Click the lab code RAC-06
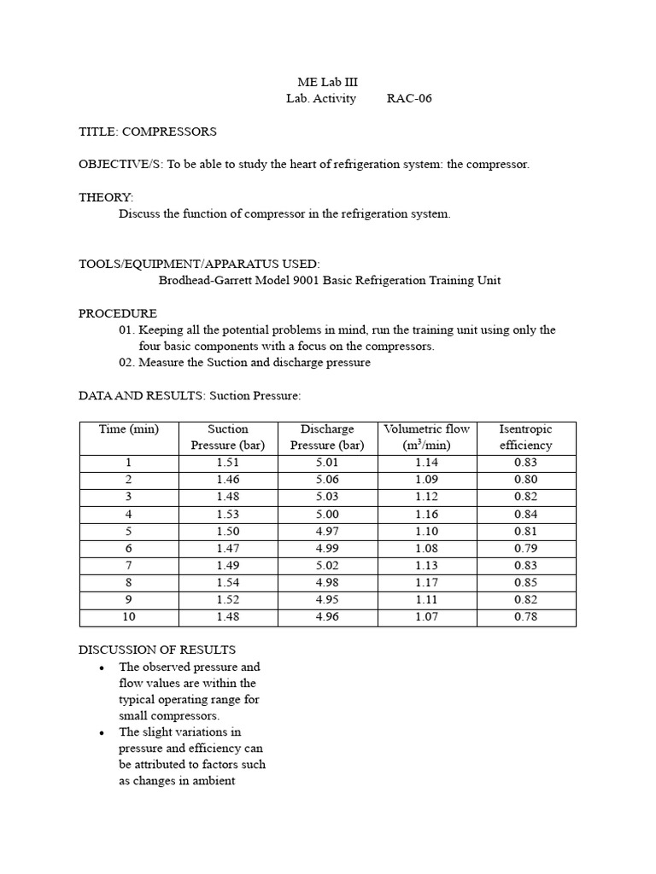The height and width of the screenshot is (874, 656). click(x=409, y=98)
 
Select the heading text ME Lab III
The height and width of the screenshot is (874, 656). click(x=327, y=82)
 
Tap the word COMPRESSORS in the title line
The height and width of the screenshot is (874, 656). click(x=169, y=131)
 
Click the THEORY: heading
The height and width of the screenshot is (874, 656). click(x=106, y=197)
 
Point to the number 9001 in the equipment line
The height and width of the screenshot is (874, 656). click(x=304, y=280)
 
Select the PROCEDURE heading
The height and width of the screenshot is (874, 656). click(x=118, y=313)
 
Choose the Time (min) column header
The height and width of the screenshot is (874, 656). click(x=129, y=428)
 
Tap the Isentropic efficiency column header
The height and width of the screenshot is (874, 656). click(x=525, y=436)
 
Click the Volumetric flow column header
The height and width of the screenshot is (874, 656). click(x=426, y=436)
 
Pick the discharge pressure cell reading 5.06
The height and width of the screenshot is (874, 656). click(x=327, y=480)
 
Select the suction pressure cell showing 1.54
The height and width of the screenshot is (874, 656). click(x=228, y=582)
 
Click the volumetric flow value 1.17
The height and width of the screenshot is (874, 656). click(x=426, y=582)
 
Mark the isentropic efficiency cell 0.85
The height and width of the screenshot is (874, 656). click(x=525, y=582)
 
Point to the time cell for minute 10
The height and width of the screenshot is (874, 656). click(x=129, y=616)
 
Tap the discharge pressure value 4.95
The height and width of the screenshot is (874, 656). click(x=327, y=599)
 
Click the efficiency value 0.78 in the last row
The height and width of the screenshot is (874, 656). click(x=525, y=616)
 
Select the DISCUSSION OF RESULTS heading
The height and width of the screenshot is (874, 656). click(x=157, y=650)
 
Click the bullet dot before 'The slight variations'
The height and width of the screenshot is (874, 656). click(x=102, y=732)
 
